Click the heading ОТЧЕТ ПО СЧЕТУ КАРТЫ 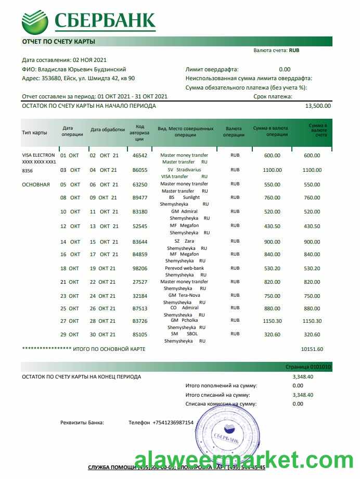pos(58,41)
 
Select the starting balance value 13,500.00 pos(317,106)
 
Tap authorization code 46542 pos(140,155)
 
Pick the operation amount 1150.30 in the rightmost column pos(312,321)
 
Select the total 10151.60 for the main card pos(312,349)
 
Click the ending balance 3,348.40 pos(303,376)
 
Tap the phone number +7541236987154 pos(173,422)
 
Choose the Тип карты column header pos(34,132)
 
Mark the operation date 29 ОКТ pos(70,334)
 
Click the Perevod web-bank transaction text pos(185,268)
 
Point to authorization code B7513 pos(140,308)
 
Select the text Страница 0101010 pos(308,367)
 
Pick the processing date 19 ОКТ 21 pos(103,268)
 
